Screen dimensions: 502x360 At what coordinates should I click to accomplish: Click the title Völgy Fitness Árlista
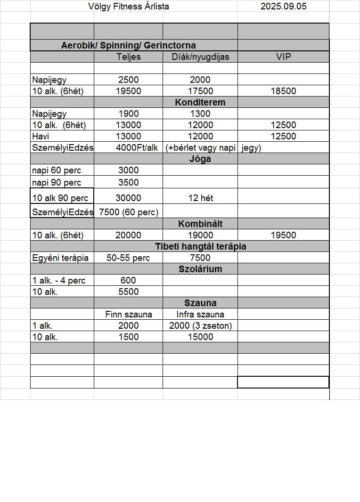tap(128, 7)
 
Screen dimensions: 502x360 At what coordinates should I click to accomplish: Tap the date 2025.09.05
tap(283, 7)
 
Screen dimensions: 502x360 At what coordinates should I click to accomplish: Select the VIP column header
tap(283, 57)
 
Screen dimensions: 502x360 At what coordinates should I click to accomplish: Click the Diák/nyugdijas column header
tap(200, 57)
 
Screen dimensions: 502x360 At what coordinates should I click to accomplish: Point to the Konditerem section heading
tap(200, 102)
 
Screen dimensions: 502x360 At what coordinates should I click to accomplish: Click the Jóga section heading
tap(200, 159)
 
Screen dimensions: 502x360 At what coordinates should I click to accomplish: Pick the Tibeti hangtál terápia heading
tap(200, 246)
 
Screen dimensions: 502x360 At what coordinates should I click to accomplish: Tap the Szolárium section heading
tap(200, 269)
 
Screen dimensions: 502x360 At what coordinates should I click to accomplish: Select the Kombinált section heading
tap(200, 224)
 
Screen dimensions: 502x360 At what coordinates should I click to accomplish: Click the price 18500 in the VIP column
tap(283, 91)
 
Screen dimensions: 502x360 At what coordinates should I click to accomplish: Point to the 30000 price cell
tap(128, 198)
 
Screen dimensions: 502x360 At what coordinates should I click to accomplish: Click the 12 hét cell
tap(200, 198)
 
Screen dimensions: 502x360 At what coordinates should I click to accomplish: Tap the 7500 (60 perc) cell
tap(128, 212)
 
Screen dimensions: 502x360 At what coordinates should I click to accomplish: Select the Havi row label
tap(41, 136)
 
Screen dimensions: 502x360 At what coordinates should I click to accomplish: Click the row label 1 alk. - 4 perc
tap(58, 281)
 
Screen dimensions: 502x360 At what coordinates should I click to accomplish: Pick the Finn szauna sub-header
tap(128, 314)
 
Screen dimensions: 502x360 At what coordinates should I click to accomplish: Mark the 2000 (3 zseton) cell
tap(200, 325)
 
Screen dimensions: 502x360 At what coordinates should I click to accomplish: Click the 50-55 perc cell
tap(128, 258)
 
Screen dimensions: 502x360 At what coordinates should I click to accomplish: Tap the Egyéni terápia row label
tap(60, 258)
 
